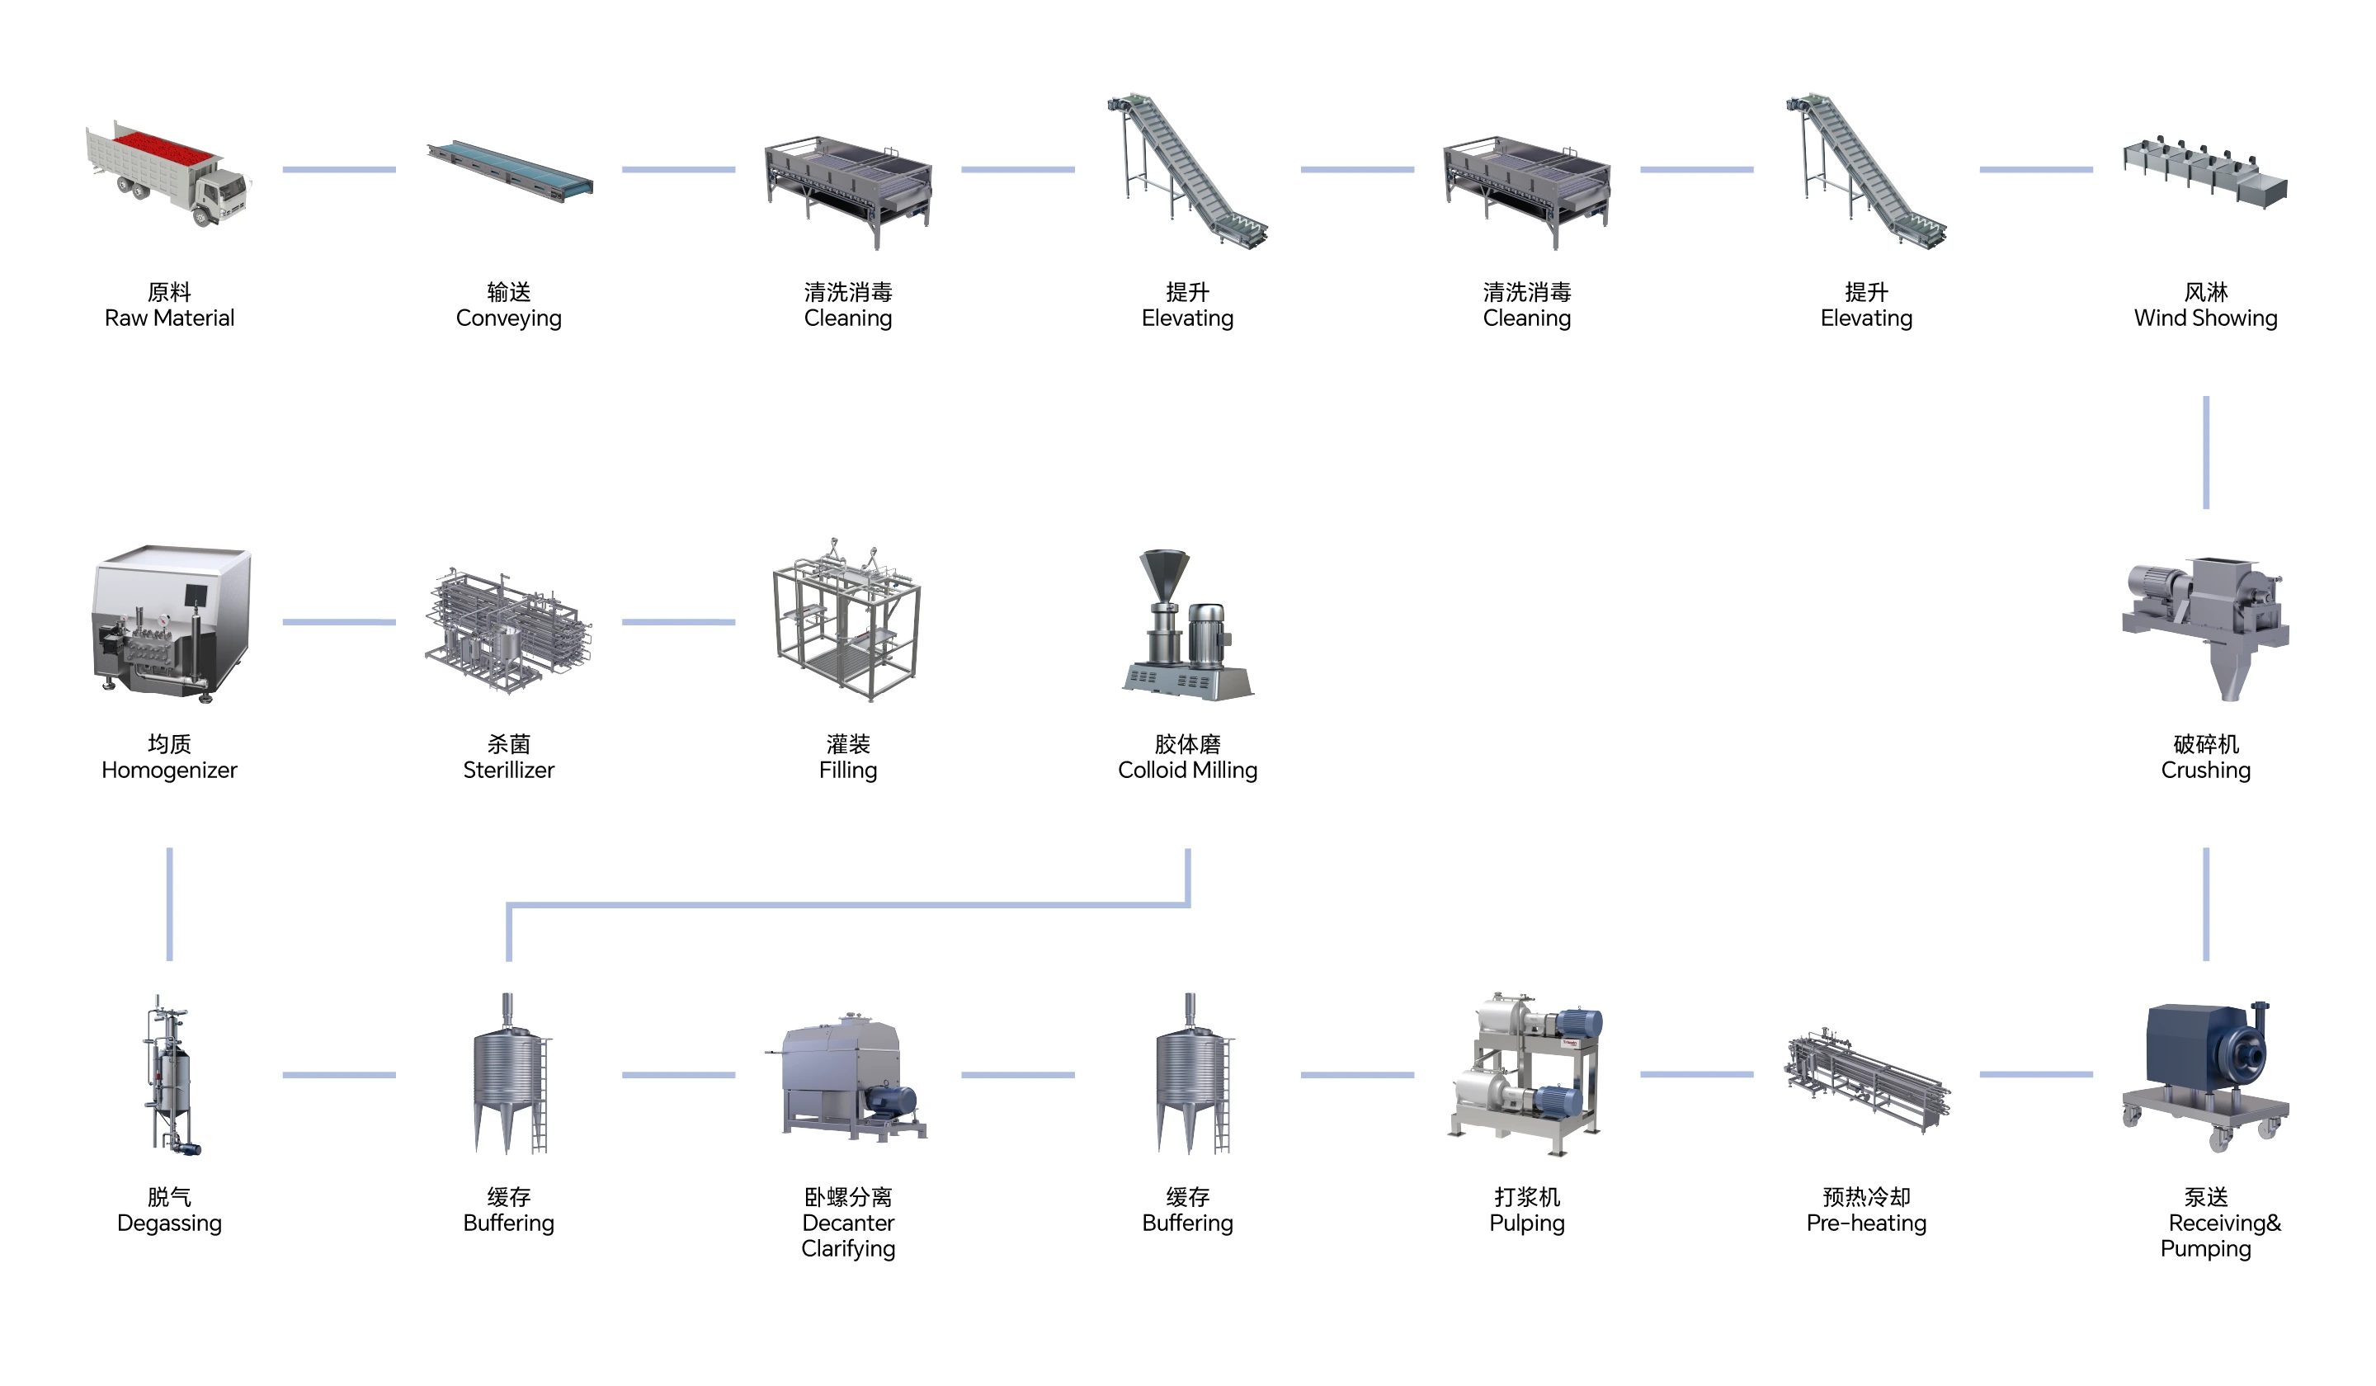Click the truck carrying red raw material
(167, 174)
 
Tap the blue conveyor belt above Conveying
(509, 172)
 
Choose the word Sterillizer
(508, 771)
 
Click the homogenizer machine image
(170, 622)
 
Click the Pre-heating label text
(1866, 1223)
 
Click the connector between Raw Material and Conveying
(338, 170)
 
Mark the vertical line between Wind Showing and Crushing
(2205, 453)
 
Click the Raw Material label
(170, 318)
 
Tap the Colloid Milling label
(1187, 771)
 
